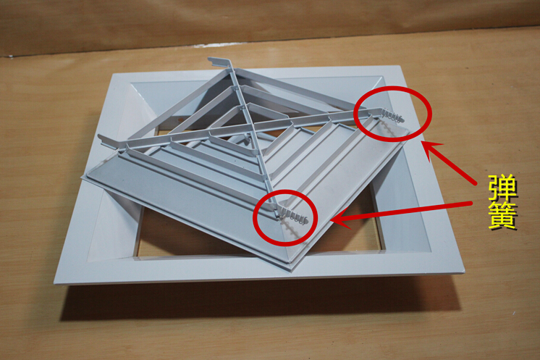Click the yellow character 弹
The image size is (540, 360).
(503, 191)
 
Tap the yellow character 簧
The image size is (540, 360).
(503, 216)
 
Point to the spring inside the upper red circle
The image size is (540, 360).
(392, 115)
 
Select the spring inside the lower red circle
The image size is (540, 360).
(292, 215)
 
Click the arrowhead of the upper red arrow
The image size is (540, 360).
(431, 151)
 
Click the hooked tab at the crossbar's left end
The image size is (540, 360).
(104, 140)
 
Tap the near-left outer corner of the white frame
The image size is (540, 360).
(55, 283)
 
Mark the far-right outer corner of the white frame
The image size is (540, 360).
(400, 67)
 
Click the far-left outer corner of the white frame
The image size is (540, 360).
(114, 73)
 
